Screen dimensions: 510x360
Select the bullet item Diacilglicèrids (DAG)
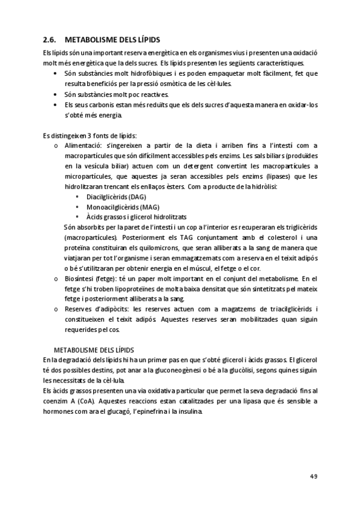click(x=116, y=197)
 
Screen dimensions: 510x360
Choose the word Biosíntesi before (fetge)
click(x=79, y=278)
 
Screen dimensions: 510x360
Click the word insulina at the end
click(x=191, y=411)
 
